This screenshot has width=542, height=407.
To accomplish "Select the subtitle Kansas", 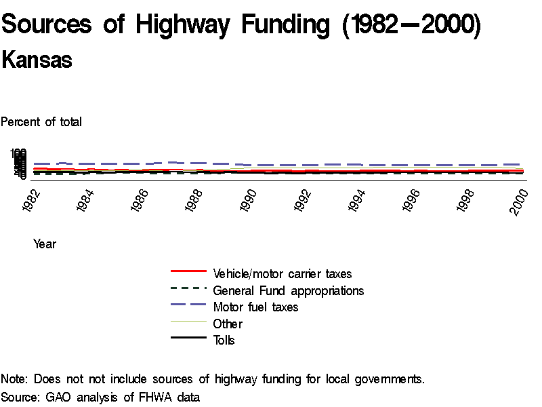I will [x=37, y=60].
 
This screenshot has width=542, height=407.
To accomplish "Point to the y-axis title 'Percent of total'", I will [x=41, y=122].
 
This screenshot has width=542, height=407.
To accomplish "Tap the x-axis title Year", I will [x=45, y=244].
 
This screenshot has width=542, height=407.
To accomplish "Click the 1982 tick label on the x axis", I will [x=31, y=201].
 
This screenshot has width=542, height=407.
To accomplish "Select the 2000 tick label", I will [x=519, y=201].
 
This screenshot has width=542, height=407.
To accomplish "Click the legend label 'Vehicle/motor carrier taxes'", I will [x=283, y=274].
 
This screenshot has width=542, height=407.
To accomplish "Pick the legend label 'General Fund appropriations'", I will [x=289, y=291].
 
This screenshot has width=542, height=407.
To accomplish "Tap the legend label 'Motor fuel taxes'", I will [x=255, y=307].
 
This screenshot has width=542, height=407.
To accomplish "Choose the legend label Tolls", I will [x=224, y=341].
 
